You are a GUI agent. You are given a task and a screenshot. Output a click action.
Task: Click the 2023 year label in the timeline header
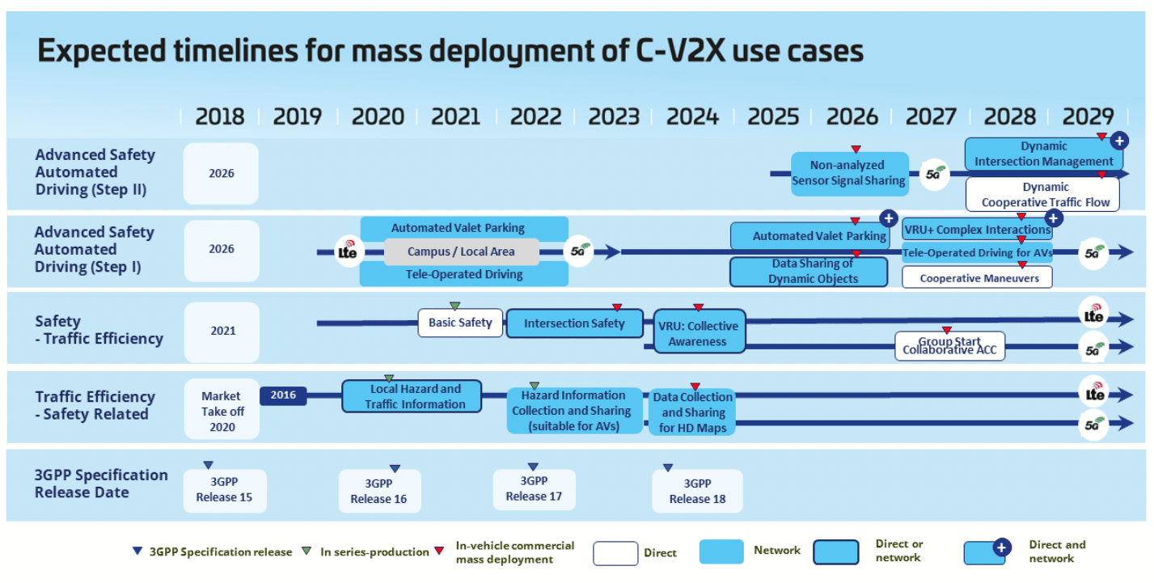(x=614, y=116)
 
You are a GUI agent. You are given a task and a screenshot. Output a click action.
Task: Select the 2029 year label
(x=1088, y=116)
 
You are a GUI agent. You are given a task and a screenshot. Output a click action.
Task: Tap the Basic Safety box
(x=460, y=323)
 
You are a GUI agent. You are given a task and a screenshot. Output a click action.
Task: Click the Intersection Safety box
(x=574, y=323)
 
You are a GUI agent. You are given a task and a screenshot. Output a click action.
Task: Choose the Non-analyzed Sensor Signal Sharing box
(x=850, y=174)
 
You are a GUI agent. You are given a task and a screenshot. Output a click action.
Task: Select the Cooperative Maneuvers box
(x=977, y=277)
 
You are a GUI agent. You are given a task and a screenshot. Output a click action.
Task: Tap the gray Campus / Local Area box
(x=461, y=251)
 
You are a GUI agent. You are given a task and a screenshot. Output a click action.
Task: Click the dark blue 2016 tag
(x=283, y=395)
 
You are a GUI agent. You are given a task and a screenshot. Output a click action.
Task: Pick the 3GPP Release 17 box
(x=534, y=489)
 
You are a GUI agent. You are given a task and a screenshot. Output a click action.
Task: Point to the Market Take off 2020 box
(x=222, y=409)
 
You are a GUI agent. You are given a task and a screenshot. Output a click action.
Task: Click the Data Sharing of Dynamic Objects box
(x=809, y=272)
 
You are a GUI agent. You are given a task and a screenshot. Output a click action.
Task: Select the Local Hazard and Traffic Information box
(x=412, y=396)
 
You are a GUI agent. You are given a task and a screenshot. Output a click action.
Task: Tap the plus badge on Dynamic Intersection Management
(x=1119, y=141)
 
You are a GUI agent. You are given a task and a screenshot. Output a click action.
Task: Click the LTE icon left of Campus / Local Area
(x=349, y=251)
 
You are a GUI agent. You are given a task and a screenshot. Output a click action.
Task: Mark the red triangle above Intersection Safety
(x=617, y=307)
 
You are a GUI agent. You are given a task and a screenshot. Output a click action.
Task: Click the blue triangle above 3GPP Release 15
(x=208, y=465)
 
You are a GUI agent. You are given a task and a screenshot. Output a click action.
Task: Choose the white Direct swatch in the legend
(x=615, y=553)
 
